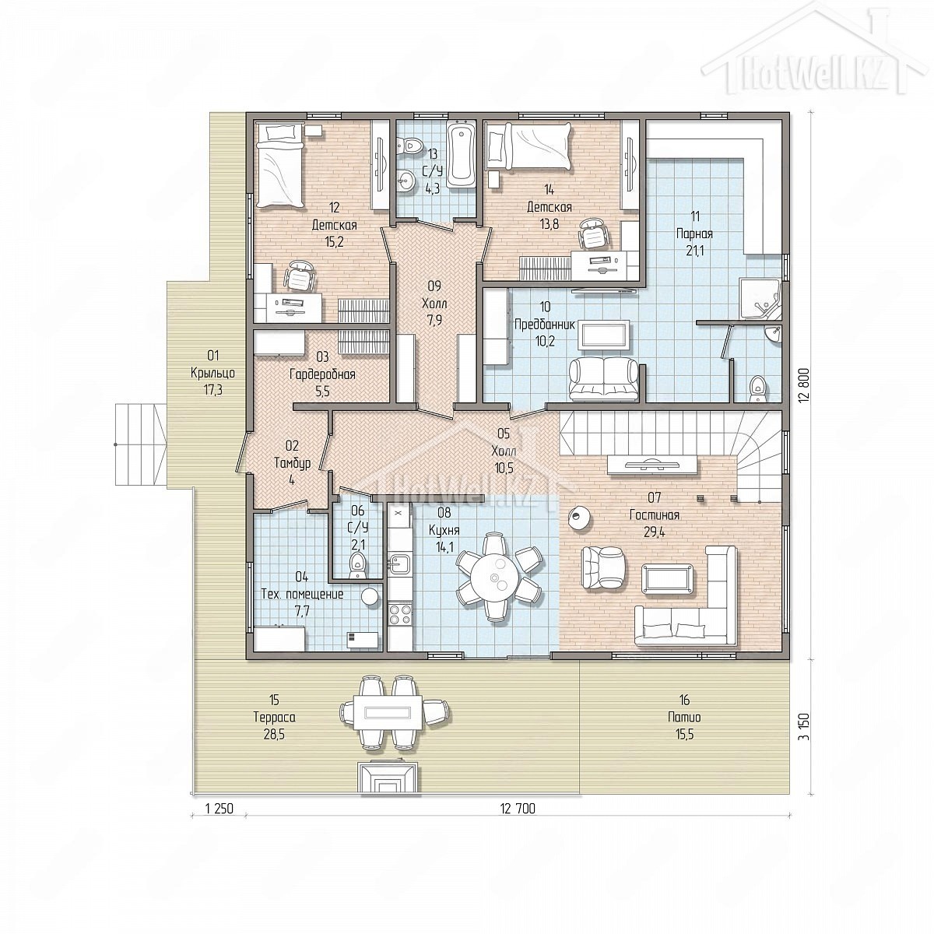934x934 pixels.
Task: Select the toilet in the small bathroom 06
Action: pyautogui.click(x=358, y=564)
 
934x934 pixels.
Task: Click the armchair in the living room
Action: pyautogui.click(x=602, y=567)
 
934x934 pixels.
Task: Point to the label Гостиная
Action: pyautogui.click(x=654, y=515)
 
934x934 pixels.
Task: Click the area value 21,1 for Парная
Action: pyautogui.click(x=694, y=251)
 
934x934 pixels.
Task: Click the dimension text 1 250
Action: pyautogui.click(x=219, y=809)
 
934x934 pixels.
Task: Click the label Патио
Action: pyautogui.click(x=684, y=717)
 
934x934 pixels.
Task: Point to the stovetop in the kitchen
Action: pyautogui.click(x=400, y=613)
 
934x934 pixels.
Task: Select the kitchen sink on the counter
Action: pyautogui.click(x=399, y=564)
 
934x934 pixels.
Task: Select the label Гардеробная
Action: pyautogui.click(x=322, y=374)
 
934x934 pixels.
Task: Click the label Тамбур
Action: pyautogui.click(x=293, y=463)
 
